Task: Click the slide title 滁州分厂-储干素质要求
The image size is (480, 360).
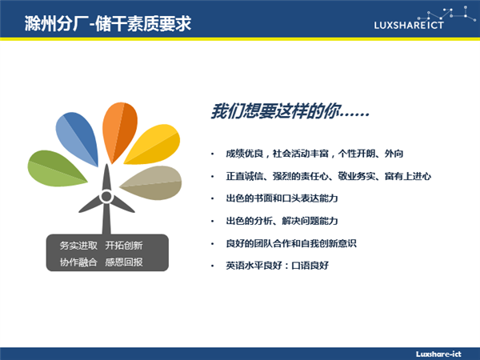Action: [x=108, y=23]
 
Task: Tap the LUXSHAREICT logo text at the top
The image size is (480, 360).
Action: [x=409, y=25]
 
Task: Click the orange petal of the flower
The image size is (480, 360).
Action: [x=119, y=132]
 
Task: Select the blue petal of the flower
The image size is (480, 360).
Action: [x=78, y=138]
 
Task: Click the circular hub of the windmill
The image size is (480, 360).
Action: [x=106, y=196]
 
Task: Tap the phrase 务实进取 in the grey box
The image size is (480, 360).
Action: [x=78, y=246]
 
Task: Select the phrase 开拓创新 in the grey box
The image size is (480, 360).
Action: [x=124, y=246]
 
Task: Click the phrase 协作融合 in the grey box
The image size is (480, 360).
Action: [x=78, y=262]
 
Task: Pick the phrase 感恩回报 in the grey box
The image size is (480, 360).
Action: [x=124, y=262]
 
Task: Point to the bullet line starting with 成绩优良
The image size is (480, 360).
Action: [x=314, y=154]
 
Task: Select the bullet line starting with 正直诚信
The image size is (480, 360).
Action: [x=329, y=176]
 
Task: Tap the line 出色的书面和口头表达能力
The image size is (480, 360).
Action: [x=282, y=198]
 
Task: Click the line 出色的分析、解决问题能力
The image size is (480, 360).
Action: [x=282, y=221]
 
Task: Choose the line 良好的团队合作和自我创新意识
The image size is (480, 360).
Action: [x=291, y=243]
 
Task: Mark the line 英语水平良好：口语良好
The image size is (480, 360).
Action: [x=277, y=266]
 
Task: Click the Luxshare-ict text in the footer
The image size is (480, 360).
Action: [x=438, y=354]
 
